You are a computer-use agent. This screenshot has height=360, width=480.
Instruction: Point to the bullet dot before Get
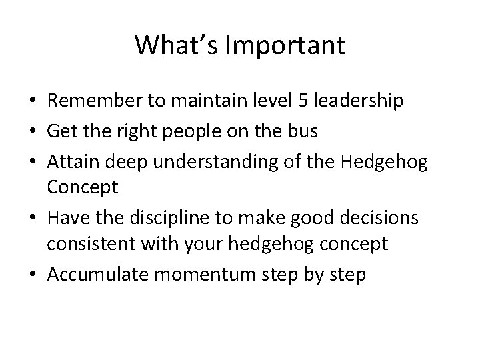tap(32, 131)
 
